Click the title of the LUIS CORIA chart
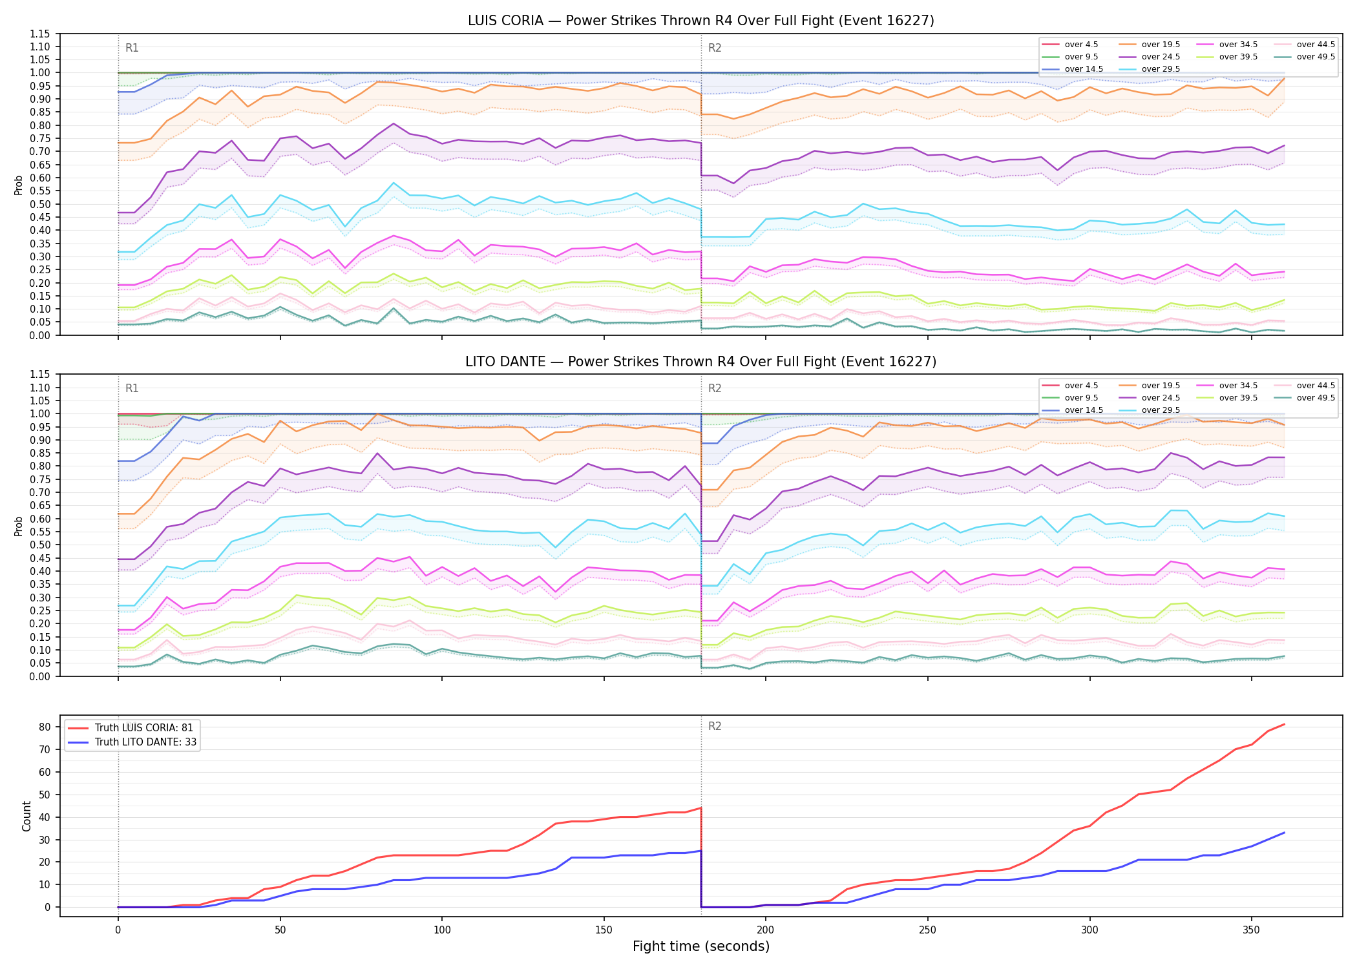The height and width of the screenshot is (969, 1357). pyautogui.click(x=701, y=21)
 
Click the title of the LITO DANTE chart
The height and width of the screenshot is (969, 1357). pyautogui.click(x=701, y=362)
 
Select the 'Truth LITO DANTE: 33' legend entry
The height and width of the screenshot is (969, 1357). pyautogui.click(x=132, y=742)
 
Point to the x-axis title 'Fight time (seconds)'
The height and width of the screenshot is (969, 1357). pyautogui.click(x=701, y=946)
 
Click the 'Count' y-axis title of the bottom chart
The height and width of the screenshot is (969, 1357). pyautogui.click(x=26, y=816)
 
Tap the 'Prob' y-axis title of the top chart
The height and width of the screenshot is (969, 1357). pyautogui.click(x=19, y=185)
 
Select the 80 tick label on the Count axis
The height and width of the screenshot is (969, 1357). pyautogui.click(x=45, y=727)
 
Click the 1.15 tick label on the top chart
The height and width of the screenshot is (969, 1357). pyautogui.click(x=40, y=34)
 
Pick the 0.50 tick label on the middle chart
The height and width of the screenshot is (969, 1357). pyautogui.click(x=40, y=545)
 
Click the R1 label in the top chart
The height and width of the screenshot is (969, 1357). pyautogui.click(x=132, y=48)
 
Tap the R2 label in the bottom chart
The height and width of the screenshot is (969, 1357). pyautogui.click(x=715, y=726)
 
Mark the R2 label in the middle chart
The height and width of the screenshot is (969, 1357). pyautogui.click(x=715, y=388)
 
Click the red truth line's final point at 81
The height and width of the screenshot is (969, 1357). pyautogui.click(x=1284, y=724)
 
